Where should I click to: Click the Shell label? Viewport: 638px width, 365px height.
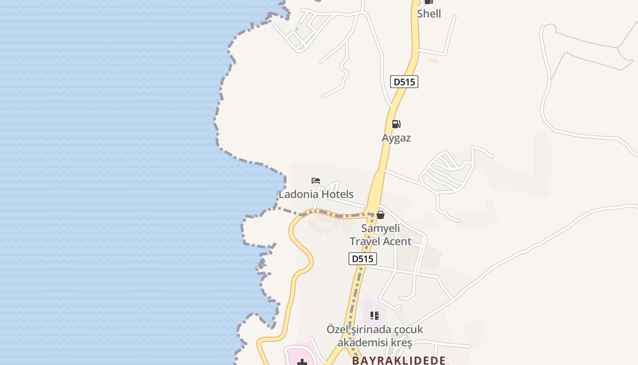point(429,14)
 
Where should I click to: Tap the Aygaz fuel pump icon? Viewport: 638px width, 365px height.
point(396,124)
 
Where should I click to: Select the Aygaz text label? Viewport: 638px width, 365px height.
point(396,138)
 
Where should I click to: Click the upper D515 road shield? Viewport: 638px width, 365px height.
point(404,82)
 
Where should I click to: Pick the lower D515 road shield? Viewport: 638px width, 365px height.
point(363,259)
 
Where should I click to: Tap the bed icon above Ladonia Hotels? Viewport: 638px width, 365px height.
point(316,181)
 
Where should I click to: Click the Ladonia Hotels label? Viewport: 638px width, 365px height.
point(316,194)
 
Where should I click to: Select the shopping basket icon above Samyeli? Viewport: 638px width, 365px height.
point(381,215)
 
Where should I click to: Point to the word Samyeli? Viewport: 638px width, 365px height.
point(381,228)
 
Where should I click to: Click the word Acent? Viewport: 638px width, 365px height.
point(396,241)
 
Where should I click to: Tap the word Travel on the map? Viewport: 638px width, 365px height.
point(364,241)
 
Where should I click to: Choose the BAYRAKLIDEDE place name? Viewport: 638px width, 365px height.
point(398,360)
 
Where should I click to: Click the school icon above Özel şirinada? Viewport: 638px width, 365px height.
point(375,316)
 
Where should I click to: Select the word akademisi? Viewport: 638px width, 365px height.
point(363,342)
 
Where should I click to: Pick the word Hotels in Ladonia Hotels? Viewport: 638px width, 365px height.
point(337,194)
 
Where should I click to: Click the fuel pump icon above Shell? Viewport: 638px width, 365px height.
point(428,2)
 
